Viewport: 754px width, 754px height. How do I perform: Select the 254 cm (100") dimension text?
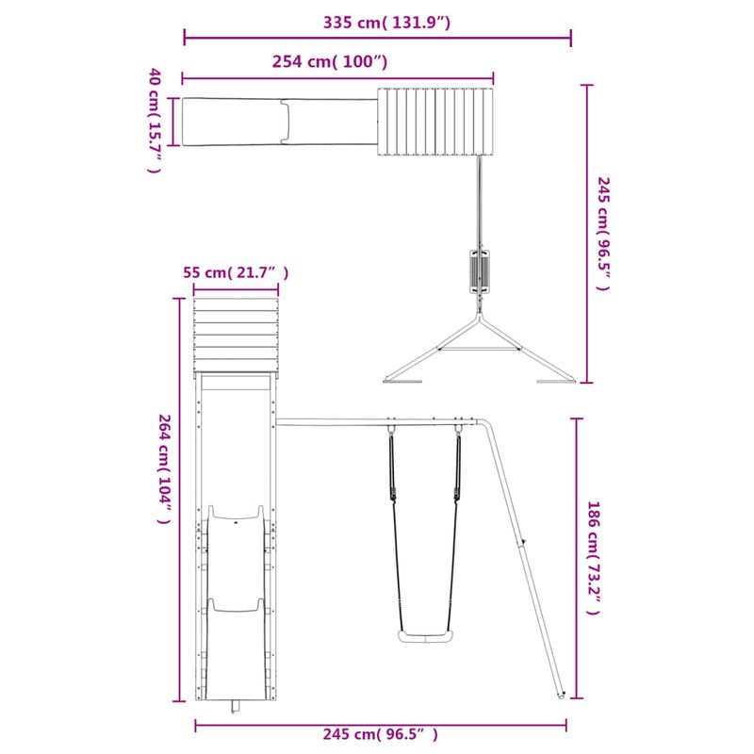(x=330, y=62)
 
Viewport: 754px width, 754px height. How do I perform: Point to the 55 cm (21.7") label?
(x=236, y=272)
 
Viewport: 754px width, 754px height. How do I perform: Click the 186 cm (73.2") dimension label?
(x=592, y=558)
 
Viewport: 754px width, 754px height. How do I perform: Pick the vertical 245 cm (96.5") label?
(x=603, y=233)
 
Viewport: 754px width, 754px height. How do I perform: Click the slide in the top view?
(x=280, y=123)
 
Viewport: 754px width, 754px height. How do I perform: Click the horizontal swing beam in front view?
(x=377, y=421)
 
